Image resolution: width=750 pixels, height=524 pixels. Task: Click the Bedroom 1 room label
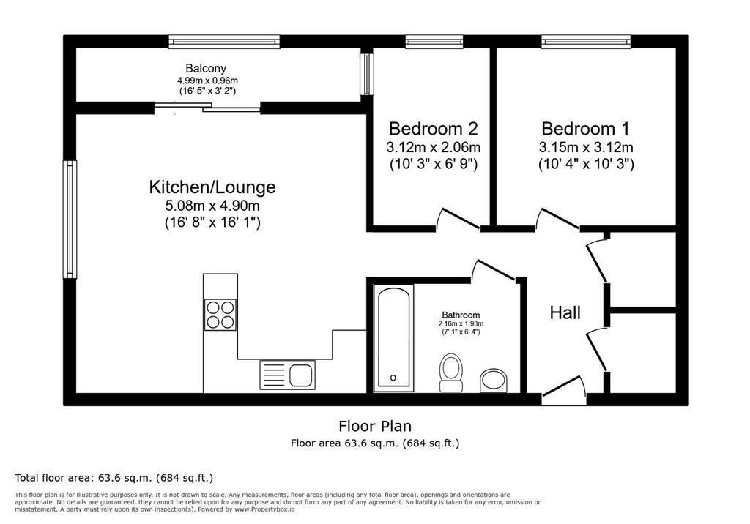[x=585, y=129]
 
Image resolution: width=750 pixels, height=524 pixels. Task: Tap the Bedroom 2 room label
[x=434, y=129]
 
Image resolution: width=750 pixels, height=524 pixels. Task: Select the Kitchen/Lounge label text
[x=212, y=187]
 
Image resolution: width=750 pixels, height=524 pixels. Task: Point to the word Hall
[x=565, y=312]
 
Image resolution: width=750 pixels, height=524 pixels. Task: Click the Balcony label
[x=206, y=68]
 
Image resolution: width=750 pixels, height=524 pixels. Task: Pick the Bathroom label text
[x=461, y=315]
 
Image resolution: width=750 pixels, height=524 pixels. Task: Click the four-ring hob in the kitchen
[x=220, y=315]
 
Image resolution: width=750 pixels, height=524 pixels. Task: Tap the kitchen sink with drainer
[x=287, y=375]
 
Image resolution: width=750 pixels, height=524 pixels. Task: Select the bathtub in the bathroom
[x=393, y=337]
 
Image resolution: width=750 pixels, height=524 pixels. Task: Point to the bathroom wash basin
[x=494, y=380]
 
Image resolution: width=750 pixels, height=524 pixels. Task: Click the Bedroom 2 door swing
[x=458, y=220]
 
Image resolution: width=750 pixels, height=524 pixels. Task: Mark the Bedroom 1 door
[x=557, y=220]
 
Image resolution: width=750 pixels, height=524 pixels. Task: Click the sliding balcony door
[x=207, y=108]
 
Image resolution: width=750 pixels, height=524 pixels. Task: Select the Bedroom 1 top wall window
[x=586, y=42]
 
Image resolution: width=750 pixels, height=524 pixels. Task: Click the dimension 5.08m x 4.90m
[x=212, y=206]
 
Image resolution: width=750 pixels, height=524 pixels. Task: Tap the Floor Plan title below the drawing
[x=375, y=425]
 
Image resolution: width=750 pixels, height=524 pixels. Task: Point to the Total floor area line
[x=114, y=478]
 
